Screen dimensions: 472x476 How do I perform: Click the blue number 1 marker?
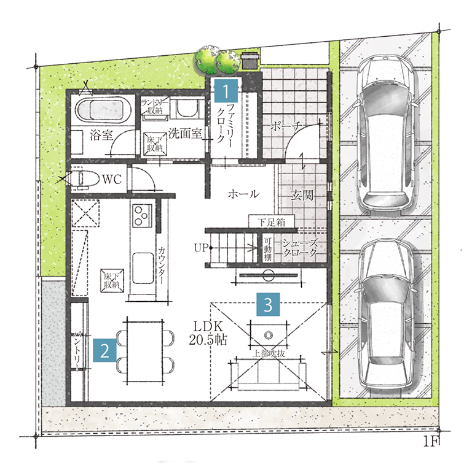226,90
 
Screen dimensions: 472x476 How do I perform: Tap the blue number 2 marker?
105,351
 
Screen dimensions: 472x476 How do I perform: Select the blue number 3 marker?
268,304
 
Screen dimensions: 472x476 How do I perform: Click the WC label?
112,179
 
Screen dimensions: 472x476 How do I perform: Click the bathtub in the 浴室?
103,109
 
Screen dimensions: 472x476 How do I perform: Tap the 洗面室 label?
185,133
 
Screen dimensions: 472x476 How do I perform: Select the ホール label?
243,193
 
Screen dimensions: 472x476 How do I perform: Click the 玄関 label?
302,194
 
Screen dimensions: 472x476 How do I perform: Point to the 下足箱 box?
272,221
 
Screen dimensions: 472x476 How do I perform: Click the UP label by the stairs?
201,248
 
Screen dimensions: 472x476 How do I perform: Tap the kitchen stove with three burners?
143,215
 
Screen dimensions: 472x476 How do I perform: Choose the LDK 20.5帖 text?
208,333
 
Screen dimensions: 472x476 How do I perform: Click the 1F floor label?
430,442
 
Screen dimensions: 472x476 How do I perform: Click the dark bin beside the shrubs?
250,61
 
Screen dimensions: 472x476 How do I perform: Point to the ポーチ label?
286,126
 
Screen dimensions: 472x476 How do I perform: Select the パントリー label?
77,351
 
